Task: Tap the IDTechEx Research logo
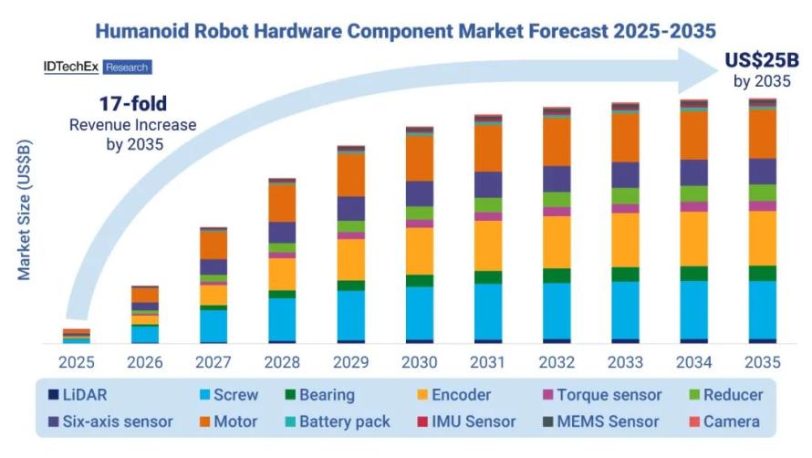click(97, 68)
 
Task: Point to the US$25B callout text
click(761, 61)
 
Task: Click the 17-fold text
click(132, 103)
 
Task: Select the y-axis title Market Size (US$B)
click(25, 210)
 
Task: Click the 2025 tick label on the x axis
click(76, 361)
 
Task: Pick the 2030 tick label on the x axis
click(420, 361)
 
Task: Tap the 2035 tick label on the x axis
click(762, 361)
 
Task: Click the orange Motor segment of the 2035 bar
click(762, 133)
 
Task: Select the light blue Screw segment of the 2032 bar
click(557, 310)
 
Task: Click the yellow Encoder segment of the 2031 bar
click(488, 245)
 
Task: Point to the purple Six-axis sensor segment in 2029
click(351, 208)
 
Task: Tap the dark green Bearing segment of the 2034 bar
click(693, 273)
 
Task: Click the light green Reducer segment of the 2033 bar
click(625, 195)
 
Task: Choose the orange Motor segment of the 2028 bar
click(282, 203)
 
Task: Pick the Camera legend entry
click(728, 422)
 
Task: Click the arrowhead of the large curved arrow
click(698, 68)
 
